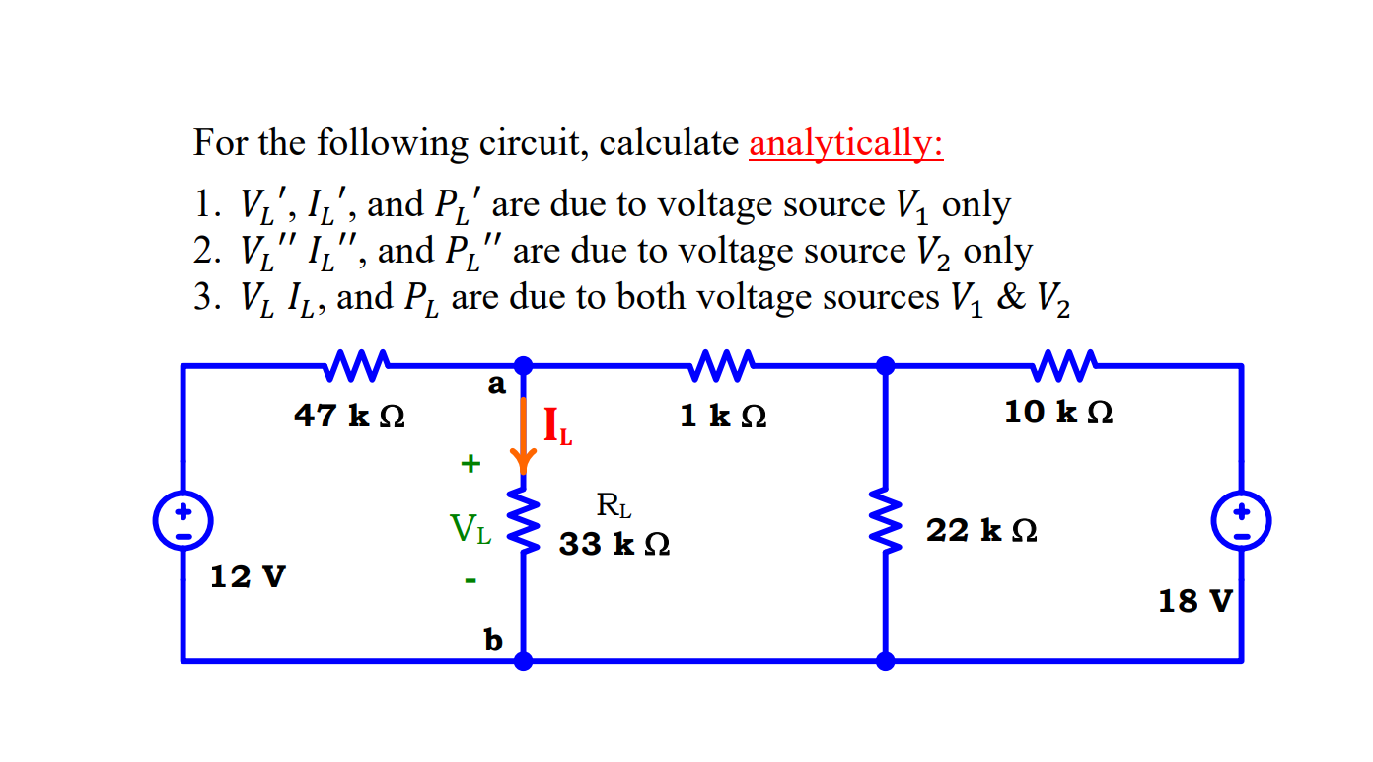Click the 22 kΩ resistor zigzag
pos(886,522)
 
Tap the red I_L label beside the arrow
pos(557,425)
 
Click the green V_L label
pos(470,530)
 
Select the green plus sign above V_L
pos(470,461)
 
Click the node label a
pos(496,383)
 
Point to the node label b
pos(493,641)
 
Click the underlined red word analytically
pos(846,144)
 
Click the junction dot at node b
pos(524,661)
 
